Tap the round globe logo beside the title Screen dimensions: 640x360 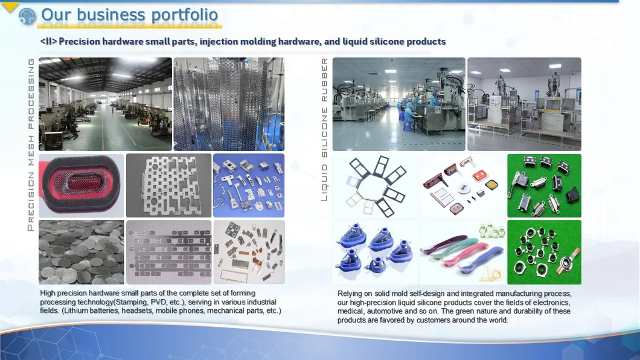click(27, 16)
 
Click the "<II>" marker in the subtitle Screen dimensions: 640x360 click(48, 42)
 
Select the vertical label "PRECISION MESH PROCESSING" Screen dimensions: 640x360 click(31, 144)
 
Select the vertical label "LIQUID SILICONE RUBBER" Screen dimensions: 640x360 click(324, 129)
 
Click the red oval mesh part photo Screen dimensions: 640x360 click(82, 185)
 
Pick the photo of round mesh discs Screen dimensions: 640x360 click(82, 252)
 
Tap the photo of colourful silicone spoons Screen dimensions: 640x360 click(462, 252)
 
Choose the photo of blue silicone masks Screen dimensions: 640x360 click(375, 252)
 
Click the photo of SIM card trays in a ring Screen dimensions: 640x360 click(375, 185)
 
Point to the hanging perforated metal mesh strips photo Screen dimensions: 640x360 click(229, 104)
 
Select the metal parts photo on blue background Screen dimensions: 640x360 click(249, 185)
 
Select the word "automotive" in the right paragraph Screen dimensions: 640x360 click(387, 311)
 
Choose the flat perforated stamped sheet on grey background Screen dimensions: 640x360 click(168, 185)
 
